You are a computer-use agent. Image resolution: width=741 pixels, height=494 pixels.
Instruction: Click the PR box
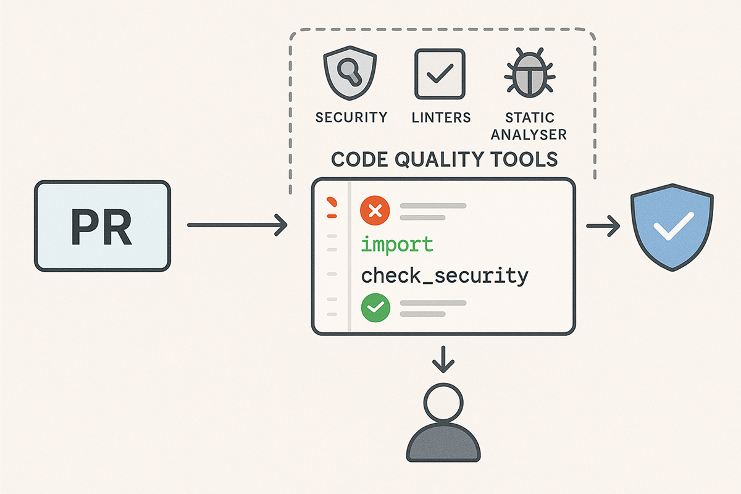tap(102, 225)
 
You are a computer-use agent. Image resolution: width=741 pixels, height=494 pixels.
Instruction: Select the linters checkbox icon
tap(440, 75)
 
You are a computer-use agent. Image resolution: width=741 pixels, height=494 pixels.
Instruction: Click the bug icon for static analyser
tap(529, 75)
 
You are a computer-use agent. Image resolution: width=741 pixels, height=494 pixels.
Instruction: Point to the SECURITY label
tap(351, 117)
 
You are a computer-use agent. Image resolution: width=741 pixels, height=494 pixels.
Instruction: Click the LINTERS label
tap(441, 117)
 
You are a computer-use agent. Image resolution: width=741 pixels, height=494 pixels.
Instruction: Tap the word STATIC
tap(530, 117)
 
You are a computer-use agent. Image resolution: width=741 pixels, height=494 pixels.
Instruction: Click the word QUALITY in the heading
tap(433, 159)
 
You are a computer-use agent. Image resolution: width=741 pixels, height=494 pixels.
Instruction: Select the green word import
tap(397, 245)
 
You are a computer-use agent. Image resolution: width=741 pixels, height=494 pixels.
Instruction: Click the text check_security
tap(445, 275)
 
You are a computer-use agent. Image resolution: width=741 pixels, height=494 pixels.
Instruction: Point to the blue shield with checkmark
tap(671, 229)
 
